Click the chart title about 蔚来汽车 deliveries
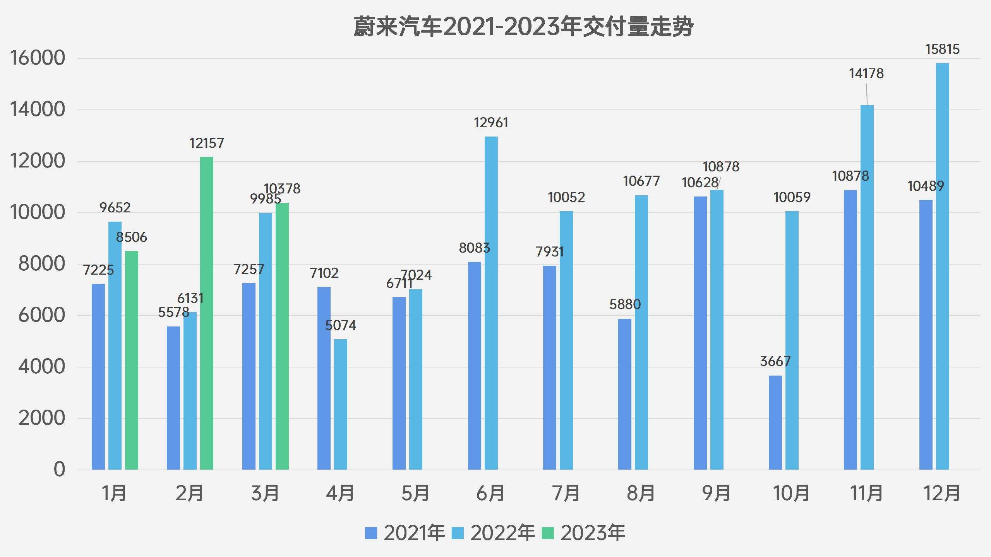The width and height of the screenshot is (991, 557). click(523, 27)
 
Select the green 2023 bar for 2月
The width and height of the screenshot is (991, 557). click(206, 313)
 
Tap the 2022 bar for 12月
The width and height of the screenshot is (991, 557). click(942, 267)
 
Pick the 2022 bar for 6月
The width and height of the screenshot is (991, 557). click(491, 303)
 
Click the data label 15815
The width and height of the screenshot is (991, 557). click(942, 50)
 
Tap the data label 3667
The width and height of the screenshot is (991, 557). click(775, 362)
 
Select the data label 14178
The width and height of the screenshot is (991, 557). click(866, 73)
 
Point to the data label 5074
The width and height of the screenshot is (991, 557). click(340, 325)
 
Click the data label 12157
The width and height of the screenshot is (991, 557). click(206, 144)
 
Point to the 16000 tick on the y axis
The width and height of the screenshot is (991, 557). click(38, 58)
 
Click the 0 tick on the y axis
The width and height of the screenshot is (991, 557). click(59, 470)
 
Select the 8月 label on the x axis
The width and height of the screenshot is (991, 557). click(641, 494)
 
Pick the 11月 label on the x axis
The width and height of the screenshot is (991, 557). click(866, 494)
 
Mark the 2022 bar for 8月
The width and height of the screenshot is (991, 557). click(641, 333)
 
